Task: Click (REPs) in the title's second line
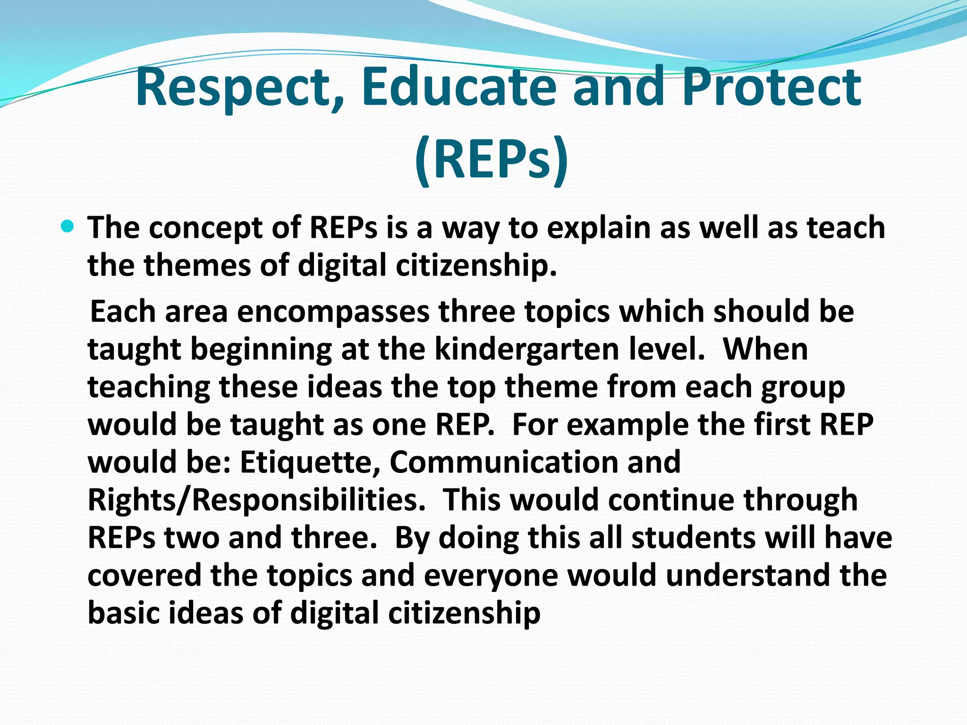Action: [491, 158]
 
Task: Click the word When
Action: [765, 350]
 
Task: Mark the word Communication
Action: [504, 462]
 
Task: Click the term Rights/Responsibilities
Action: [256, 500]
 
